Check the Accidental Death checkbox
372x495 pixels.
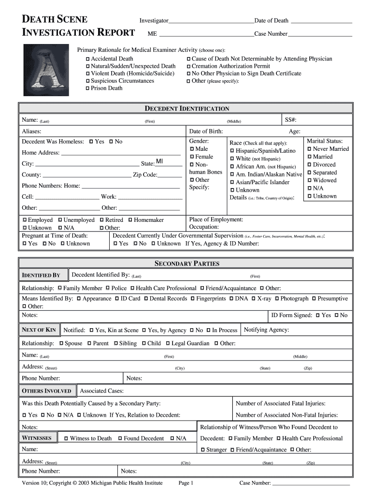[x=87, y=59]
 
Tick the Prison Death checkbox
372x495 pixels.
[x=87, y=88]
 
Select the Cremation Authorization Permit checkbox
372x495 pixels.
[x=188, y=66]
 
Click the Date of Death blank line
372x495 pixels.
[x=321, y=21]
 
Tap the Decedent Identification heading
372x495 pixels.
[x=187, y=109]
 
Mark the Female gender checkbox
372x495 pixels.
[x=192, y=157]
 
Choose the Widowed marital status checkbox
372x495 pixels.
[x=310, y=180]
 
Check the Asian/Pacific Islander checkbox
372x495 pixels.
[x=232, y=183]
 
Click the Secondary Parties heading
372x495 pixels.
[x=186, y=263]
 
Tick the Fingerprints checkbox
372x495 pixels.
[x=192, y=299]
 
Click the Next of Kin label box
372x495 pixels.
[x=39, y=330]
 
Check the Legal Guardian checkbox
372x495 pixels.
[x=168, y=344]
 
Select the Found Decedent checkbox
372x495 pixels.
[x=120, y=438]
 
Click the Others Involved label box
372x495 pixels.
[x=46, y=391]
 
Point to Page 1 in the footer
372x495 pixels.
[x=186, y=483]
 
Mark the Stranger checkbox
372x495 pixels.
[x=202, y=450]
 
